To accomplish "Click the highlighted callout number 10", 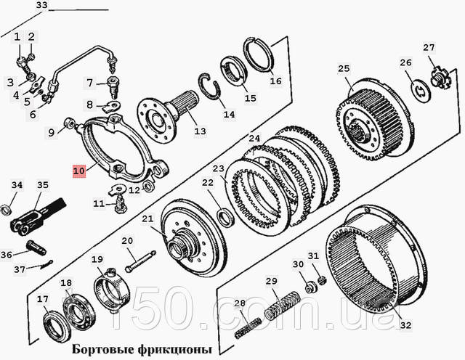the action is (79, 171).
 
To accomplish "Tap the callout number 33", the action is (42, 5).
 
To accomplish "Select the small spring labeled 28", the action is (248, 328).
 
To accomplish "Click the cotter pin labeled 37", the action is (46, 264).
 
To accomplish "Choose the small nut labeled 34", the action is (7, 210).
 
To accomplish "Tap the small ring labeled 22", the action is (226, 218).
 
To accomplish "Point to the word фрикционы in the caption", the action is (175, 350).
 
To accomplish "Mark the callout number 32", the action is (405, 325).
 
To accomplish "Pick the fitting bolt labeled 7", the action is (113, 87).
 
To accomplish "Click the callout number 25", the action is (344, 68).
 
